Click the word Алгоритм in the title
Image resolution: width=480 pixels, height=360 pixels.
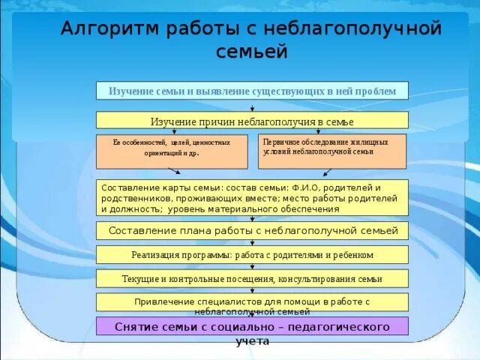click(104, 29)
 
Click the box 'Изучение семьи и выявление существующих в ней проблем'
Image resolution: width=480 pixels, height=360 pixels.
click(252, 91)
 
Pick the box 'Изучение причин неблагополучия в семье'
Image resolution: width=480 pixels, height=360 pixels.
click(252, 121)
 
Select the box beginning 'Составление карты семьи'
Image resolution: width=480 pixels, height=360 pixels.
click(252, 198)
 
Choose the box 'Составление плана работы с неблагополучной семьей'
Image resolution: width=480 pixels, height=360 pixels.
click(252, 230)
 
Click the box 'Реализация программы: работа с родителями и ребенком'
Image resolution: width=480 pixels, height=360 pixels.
click(252, 254)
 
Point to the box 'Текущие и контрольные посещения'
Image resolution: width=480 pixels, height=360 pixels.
click(252, 278)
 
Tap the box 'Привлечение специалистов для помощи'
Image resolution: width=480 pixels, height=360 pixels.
click(252, 302)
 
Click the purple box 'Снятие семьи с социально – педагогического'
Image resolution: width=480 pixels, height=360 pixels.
click(252, 326)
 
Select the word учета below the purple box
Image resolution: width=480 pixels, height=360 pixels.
click(252, 341)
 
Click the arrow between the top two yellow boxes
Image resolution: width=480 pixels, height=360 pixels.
click(252, 106)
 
